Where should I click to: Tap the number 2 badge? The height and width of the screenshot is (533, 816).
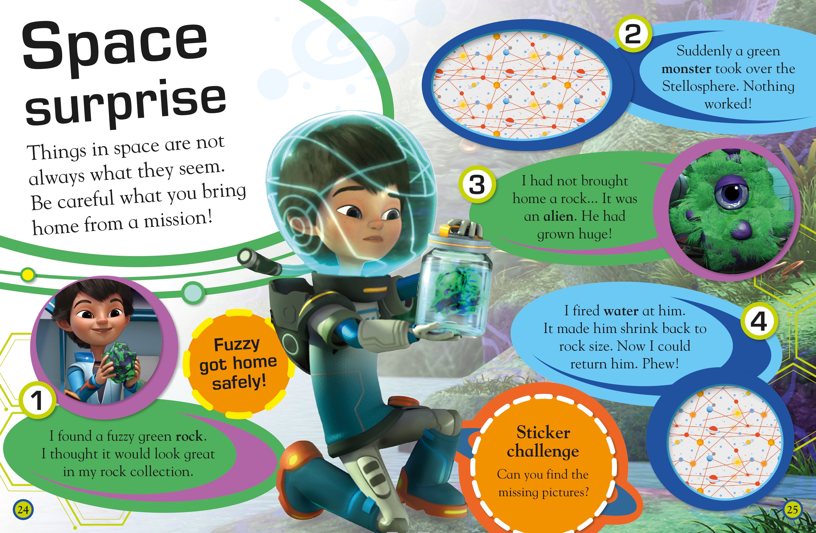633,34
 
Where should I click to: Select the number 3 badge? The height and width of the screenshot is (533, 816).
477,184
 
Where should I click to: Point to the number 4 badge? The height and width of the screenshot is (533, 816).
759,321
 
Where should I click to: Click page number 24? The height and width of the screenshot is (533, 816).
23,510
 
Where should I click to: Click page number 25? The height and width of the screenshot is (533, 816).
792,509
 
